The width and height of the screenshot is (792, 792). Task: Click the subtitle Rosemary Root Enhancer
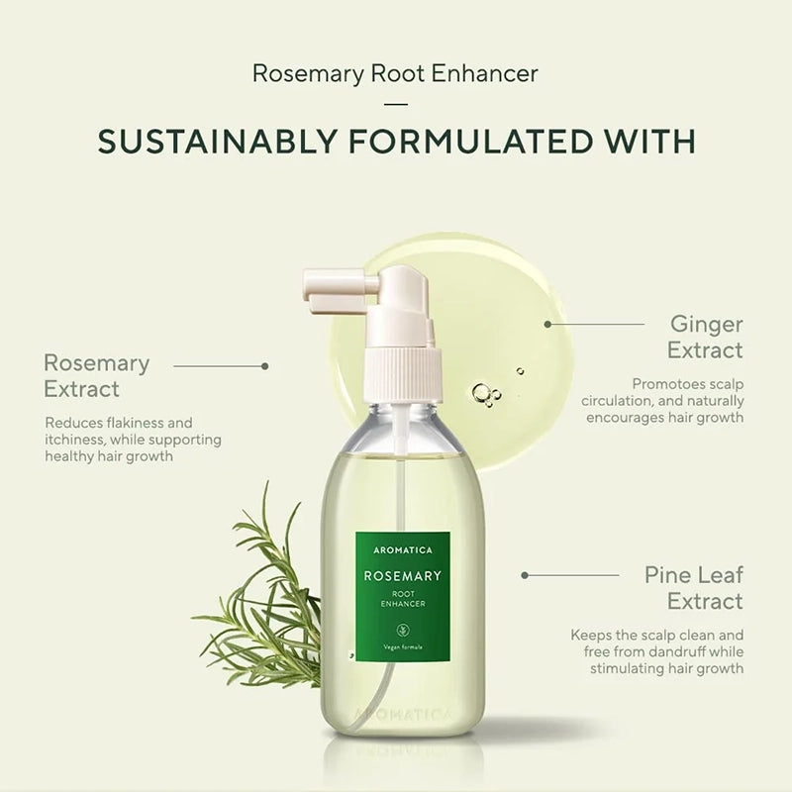coord(395,73)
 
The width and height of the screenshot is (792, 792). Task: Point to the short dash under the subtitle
coord(395,103)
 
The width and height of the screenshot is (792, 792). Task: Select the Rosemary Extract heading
coord(96,376)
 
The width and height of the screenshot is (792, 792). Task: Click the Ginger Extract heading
coord(704,337)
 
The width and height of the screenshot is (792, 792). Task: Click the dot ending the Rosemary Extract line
coord(264,365)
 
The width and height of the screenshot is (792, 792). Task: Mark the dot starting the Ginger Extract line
coord(547,323)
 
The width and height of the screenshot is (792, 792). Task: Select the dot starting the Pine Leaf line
coord(525,574)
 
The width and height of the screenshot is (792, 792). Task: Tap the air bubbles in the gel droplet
coord(487,393)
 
